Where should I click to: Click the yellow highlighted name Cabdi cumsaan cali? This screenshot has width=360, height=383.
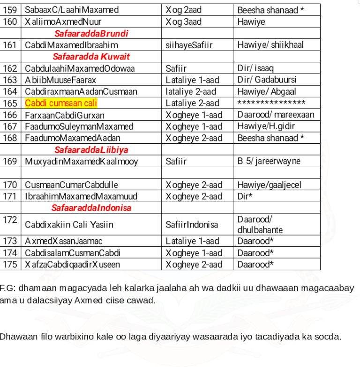tap(61, 103)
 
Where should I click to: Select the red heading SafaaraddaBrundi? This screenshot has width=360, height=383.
tap(91, 34)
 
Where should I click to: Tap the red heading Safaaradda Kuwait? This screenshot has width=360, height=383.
tap(91, 57)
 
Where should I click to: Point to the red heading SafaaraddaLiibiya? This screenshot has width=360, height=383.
tap(91, 150)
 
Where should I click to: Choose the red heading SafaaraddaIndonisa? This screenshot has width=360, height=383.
tap(91, 208)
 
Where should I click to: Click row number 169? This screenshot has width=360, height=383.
tap(10, 162)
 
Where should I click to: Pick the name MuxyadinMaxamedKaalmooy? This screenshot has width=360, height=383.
tap(82, 162)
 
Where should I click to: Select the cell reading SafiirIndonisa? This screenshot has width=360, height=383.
tap(192, 225)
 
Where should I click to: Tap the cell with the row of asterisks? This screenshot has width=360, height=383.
tap(271, 103)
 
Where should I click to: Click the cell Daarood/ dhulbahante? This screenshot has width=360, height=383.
tap(260, 225)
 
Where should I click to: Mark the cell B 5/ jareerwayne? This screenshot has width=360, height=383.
tap(269, 162)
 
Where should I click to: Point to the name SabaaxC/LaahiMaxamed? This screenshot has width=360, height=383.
tap(72, 10)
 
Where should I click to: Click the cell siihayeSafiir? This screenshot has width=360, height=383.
tap(189, 45)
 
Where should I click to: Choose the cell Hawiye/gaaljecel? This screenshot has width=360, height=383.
tap(269, 185)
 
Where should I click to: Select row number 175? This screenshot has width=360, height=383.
tap(10, 265)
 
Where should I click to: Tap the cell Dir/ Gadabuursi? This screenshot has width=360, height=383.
tap(267, 80)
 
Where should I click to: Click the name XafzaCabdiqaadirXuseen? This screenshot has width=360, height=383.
tap(73, 265)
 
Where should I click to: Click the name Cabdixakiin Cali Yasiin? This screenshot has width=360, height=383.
tap(69, 225)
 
